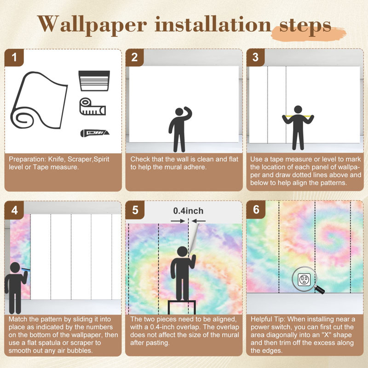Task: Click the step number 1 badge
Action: tap(14, 57)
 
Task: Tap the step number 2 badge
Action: tap(134, 57)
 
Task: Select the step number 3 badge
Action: tap(256, 57)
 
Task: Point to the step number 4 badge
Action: tap(14, 210)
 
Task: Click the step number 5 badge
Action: tap(135, 210)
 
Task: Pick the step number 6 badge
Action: tap(256, 210)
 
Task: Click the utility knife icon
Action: tap(95, 133)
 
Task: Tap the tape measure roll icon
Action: tap(92, 107)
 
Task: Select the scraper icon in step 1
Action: tap(94, 81)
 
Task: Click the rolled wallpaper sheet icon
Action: tap(39, 100)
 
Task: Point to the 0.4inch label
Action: tap(188, 211)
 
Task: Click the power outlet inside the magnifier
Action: tap(304, 279)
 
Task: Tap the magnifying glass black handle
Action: tap(320, 290)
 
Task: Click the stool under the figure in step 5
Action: tap(182, 307)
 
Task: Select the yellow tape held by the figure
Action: tap(298, 116)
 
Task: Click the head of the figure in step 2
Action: tap(179, 112)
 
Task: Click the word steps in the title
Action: tap(305, 25)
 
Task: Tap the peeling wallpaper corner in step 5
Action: tap(193, 239)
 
